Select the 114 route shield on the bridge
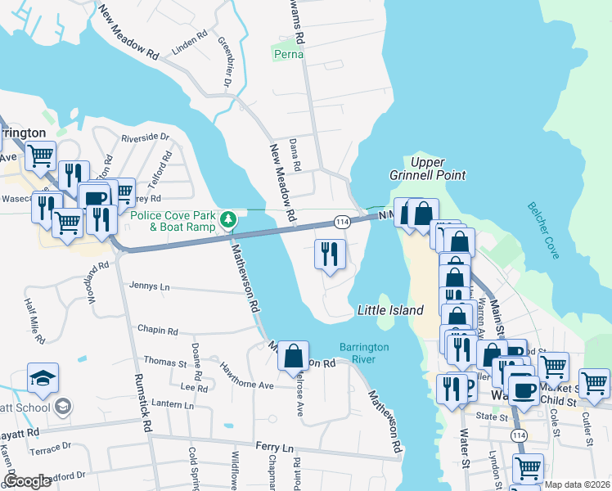[342, 222]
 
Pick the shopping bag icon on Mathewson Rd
[293, 356]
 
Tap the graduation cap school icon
[43, 378]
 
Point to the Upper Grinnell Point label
[438, 169]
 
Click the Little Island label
[390, 310]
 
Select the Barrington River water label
[364, 353]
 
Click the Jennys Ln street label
[149, 286]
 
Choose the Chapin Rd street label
[157, 331]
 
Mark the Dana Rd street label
[296, 155]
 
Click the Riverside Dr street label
[145, 137]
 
